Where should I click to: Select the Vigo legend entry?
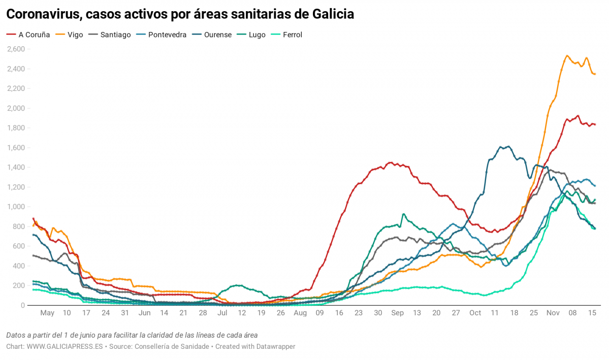point(71,35)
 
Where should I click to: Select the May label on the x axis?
point(47,313)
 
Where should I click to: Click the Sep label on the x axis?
point(397,313)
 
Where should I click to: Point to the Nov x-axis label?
point(553,313)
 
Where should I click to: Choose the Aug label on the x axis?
point(300,313)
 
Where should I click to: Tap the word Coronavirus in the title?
point(44,14)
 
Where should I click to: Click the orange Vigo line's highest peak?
point(567,56)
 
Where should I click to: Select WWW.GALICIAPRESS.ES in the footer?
point(65,346)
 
